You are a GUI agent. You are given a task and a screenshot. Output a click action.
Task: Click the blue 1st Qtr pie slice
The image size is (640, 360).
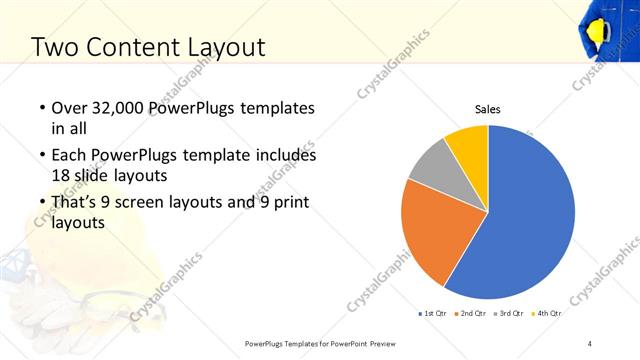pos(530,220)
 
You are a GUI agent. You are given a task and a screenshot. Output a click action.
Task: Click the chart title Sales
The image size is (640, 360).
pos(487,110)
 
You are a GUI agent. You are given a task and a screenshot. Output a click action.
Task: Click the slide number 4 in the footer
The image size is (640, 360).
pos(590,343)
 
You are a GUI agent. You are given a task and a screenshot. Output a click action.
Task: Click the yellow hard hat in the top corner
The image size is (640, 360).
pos(603,30)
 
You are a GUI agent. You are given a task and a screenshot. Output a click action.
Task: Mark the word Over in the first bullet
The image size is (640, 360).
pos(69,108)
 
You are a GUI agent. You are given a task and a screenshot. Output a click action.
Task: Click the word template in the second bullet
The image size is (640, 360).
pos(249,156)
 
